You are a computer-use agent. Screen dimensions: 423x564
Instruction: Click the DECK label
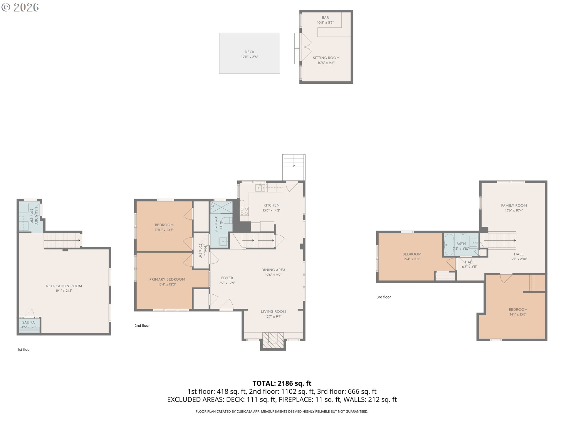[x=249, y=52]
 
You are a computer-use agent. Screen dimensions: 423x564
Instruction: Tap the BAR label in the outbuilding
[x=325, y=18]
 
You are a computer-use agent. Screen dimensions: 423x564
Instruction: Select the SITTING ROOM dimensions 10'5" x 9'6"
[x=326, y=63]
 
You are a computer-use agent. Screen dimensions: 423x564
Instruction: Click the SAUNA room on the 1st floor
[x=29, y=325]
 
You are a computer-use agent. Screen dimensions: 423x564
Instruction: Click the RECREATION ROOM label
[x=64, y=286]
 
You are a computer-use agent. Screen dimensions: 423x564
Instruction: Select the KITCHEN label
[x=271, y=205]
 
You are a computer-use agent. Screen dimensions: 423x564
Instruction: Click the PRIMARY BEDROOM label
[x=167, y=279]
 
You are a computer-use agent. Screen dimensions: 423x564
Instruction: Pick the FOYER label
[x=227, y=278]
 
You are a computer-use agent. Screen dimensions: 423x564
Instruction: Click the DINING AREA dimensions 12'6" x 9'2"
[x=273, y=275]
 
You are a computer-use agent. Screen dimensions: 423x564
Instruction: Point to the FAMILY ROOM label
[x=514, y=205]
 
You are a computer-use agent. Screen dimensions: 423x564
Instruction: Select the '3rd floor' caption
[x=384, y=297]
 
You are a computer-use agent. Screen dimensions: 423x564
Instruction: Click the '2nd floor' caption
[x=142, y=325]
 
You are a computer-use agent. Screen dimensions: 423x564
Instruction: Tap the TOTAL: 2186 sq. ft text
[x=282, y=383]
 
